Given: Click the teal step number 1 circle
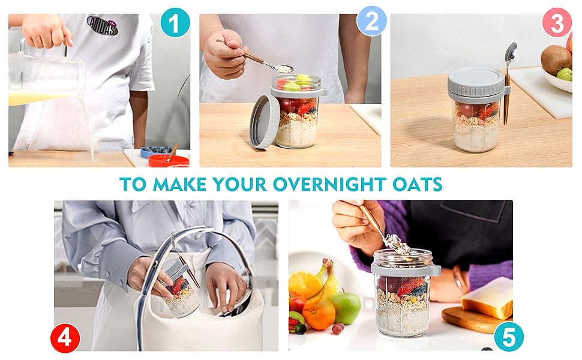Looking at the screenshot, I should point(175,24).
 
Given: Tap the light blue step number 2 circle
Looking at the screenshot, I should point(371,23).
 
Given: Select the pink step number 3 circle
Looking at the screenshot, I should point(557,24).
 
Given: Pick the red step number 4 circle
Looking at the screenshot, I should point(65,338).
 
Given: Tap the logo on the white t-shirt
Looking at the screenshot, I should point(103,25).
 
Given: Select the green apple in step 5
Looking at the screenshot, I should point(346,308).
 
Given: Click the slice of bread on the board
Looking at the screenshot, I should point(487,299).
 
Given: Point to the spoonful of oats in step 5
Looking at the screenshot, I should point(396,243).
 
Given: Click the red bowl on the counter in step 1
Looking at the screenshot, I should point(168,160).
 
